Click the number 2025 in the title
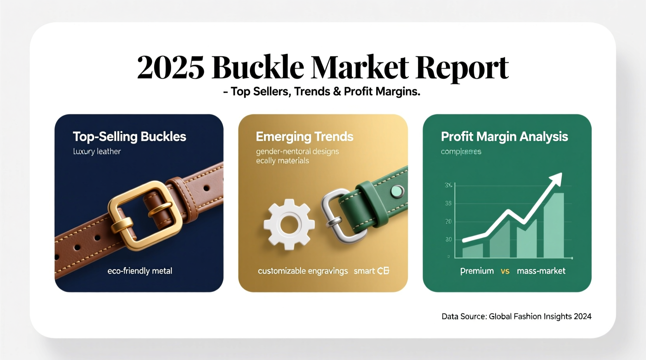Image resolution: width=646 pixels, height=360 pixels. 170,67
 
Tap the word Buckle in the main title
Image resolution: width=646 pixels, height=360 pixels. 258,67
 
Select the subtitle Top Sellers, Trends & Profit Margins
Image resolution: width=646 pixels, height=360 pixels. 323,92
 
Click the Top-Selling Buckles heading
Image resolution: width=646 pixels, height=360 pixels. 129,137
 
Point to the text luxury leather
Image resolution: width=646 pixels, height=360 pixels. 97,151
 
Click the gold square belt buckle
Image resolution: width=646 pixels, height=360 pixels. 145,215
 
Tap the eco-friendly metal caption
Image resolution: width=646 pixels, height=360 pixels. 139,271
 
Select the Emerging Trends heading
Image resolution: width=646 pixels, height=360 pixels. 304,137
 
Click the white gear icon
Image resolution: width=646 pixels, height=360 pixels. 288,224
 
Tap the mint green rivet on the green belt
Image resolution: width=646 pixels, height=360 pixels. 396,190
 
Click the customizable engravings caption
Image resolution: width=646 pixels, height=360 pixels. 302,271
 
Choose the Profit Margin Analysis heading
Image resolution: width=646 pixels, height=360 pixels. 504,137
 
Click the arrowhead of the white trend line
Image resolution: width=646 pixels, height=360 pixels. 556,179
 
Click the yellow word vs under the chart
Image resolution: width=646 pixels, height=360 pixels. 505,271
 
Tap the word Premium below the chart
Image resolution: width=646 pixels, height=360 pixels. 477,271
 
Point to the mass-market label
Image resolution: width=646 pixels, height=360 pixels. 541,271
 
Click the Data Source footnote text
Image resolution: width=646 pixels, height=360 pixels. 516,316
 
